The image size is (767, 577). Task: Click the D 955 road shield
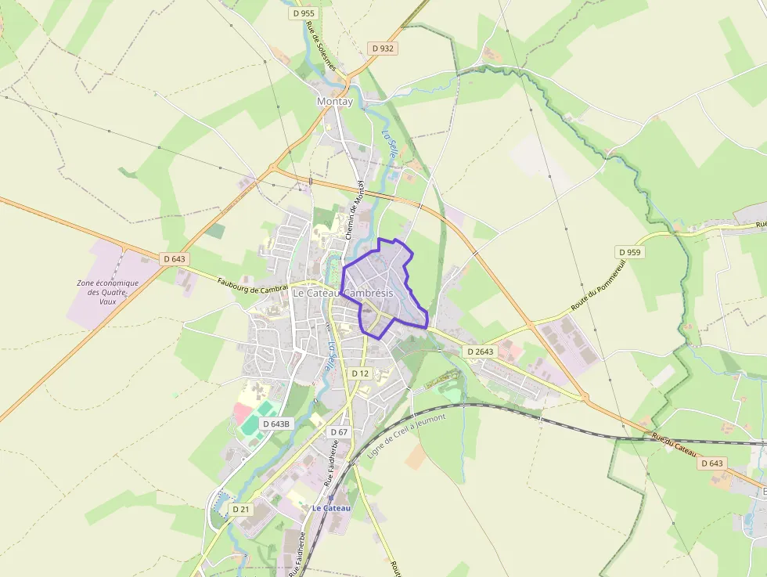coord(303,13)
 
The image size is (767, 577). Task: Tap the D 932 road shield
coord(383,49)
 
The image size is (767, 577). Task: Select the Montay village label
coord(335,102)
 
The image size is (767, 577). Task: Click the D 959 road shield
coord(629,252)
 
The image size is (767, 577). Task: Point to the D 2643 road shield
coord(481,352)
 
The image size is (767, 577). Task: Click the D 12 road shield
coord(360,373)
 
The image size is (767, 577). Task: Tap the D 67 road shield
coord(339,432)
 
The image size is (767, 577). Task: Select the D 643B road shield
coord(276,424)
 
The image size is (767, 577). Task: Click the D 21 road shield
coord(241,509)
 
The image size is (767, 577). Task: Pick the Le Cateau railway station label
coord(331,508)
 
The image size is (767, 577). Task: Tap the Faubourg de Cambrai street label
coord(253,281)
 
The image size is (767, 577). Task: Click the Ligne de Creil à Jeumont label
coord(406,436)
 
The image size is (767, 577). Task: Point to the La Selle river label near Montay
coord(388,145)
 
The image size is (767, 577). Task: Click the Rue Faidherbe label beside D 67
coord(330,463)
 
